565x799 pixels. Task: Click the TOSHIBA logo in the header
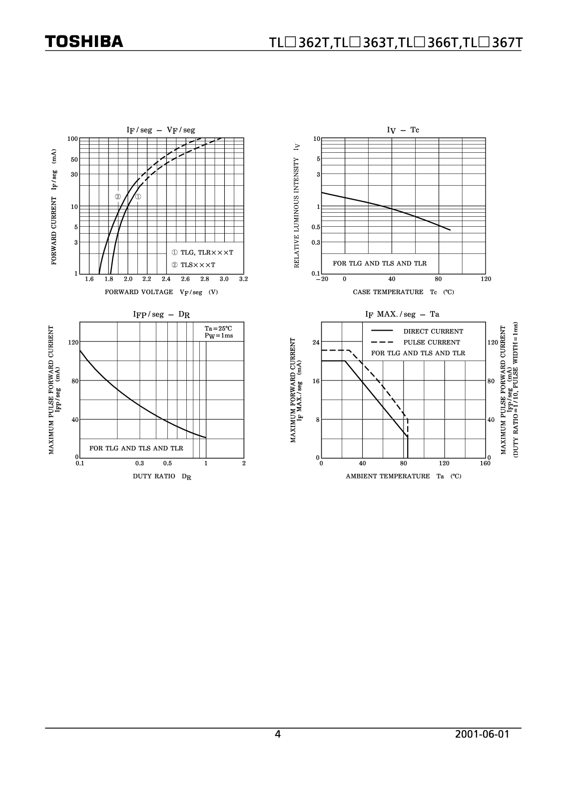[84, 41]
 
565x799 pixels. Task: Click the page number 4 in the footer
[278, 734]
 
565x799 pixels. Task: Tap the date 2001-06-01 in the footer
[482, 734]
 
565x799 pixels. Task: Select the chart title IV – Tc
[403, 130]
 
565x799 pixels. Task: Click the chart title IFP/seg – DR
[161, 315]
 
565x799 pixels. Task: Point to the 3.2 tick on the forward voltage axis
[243, 279]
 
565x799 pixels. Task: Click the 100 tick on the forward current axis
[73, 138]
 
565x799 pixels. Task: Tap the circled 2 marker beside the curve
[118, 197]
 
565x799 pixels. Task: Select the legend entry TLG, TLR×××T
[202, 253]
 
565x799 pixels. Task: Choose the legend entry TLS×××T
[193, 265]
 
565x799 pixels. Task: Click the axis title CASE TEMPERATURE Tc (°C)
[403, 292]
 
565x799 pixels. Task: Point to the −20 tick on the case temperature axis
[322, 279]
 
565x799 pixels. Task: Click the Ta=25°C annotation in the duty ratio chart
[218, 329]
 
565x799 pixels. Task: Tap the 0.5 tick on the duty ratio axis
[167, 463]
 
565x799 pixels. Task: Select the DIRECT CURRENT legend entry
[433, 332]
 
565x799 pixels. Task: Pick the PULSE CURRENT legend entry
[432, 343]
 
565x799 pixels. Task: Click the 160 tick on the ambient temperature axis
[486, 463]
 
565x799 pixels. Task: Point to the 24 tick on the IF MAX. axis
[316, 343]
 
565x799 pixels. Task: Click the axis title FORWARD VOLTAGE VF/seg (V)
[161, 292]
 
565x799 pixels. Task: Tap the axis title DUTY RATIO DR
[162, 476]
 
